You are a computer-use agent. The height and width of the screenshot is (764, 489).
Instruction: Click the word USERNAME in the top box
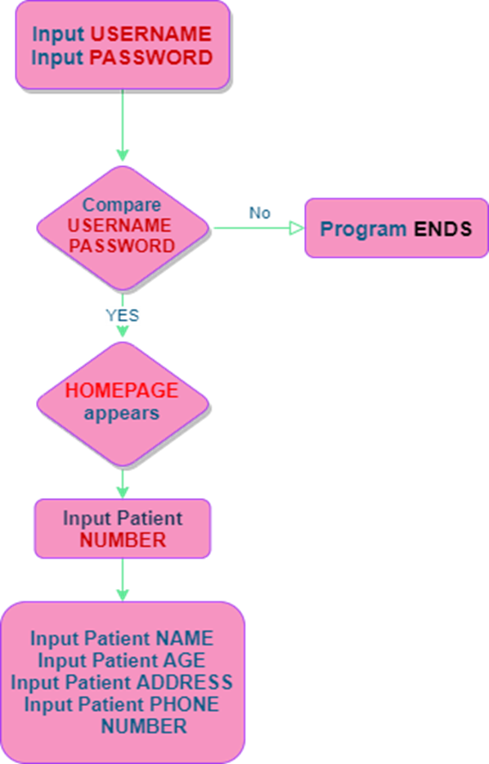tap(150, 34)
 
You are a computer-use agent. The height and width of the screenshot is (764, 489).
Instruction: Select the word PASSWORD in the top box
tap(150, 58)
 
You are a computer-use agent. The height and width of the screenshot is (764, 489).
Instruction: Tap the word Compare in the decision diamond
tap(122, 204)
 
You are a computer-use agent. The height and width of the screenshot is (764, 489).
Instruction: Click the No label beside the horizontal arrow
tap(259, 213)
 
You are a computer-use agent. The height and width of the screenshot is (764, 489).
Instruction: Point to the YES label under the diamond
tap(123, 316)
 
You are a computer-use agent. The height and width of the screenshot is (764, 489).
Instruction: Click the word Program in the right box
tap(362, 229)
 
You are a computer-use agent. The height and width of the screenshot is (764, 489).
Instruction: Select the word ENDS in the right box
tap(442, 229)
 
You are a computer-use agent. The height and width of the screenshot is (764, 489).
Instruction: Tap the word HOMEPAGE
tap(122, 390)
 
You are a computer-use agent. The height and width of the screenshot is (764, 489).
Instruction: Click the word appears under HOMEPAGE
tap(122, 412)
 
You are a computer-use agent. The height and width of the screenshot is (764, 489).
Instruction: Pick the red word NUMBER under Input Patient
tap(123, 540)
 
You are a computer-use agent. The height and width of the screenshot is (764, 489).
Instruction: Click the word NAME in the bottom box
tap(184, 638)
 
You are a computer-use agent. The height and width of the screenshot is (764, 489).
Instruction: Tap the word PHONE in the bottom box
tap(188, 704)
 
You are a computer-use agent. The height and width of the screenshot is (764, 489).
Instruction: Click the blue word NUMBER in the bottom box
tap(144, 726)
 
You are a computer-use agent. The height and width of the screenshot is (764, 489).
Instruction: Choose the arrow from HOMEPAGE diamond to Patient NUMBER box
tap(123, 483)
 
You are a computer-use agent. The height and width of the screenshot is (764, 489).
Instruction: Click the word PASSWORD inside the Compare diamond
tap(122, 245)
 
